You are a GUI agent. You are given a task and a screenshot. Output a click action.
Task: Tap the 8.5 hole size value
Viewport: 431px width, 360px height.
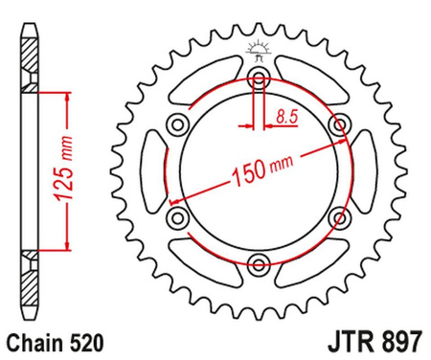284,117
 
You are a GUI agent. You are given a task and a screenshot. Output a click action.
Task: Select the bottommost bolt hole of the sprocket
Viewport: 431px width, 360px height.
259,262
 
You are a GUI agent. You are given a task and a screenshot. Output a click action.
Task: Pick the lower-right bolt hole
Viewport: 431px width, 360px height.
337,217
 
